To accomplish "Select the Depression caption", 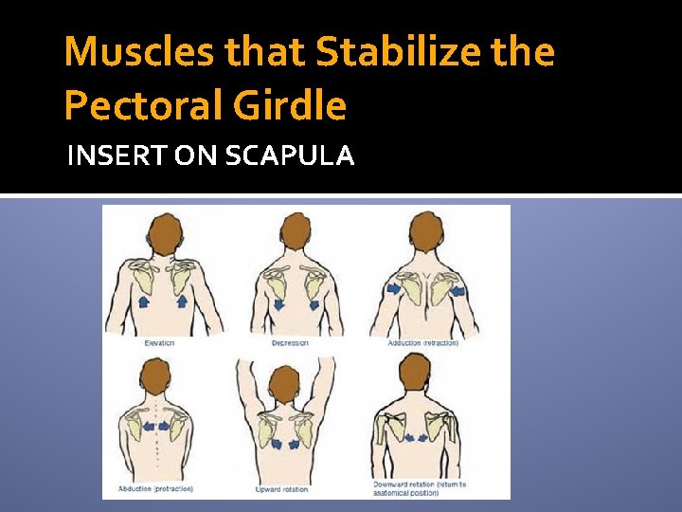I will click(291, 342).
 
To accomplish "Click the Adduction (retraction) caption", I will click(422, 342).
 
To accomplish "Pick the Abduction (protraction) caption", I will click(156, 489).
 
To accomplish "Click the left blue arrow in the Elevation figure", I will click(143, 302).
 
